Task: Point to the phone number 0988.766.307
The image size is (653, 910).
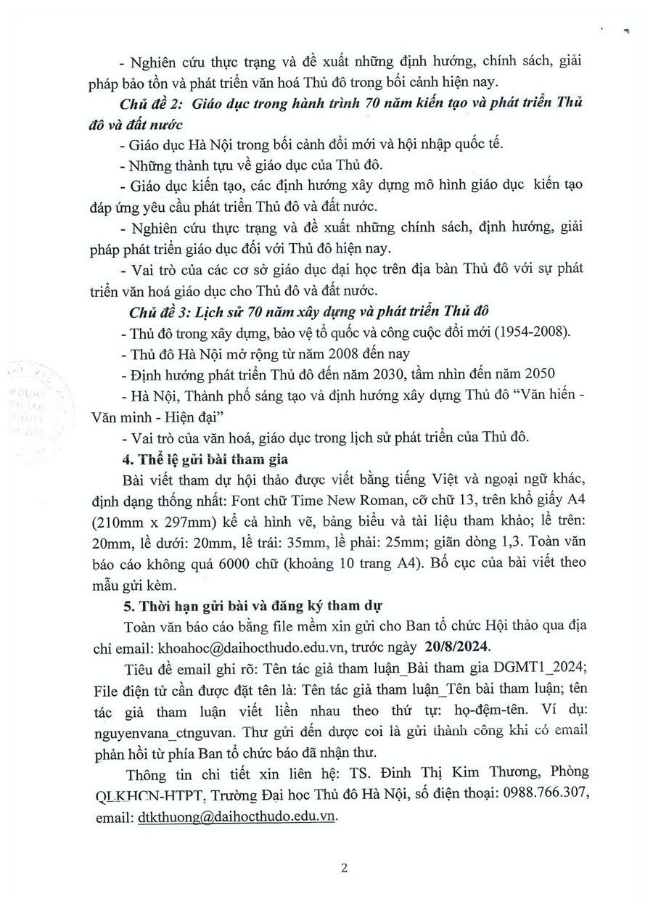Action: click(541, 796)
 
